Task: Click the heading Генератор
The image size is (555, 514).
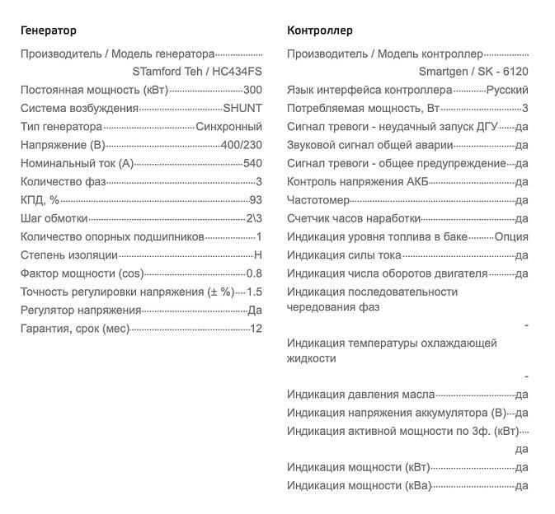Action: tap(48, 30)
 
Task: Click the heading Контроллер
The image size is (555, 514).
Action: tap(319, 30)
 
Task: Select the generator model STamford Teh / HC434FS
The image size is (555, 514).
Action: tap(197, 72)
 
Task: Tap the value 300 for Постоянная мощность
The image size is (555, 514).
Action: tap(253, 90)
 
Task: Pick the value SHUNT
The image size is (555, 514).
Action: tap(242, 108)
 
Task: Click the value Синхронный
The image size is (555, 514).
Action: tap(229, 126)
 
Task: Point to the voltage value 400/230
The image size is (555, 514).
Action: tap(242, 145)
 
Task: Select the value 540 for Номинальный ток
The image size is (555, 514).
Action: tap(252, 163)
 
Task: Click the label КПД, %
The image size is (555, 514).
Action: tap(40, 200)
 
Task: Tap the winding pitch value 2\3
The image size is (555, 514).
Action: tap(254, 218)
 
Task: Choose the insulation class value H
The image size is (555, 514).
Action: tap(258, 255)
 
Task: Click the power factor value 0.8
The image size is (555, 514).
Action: tap(254, 273)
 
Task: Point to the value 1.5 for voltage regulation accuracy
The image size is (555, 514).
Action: tap(254, 292)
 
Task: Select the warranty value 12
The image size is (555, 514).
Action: tap(256, 329)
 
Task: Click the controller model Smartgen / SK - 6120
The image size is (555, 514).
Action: tap(473, 72)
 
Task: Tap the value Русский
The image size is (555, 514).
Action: tap(507, 90)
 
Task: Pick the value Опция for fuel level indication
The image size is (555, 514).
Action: tap(511, 237)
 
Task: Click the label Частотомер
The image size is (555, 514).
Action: tap(318, 200)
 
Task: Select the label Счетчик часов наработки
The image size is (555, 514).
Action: tap(354, 218)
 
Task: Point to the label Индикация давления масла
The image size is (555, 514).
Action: tap(360, 395)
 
